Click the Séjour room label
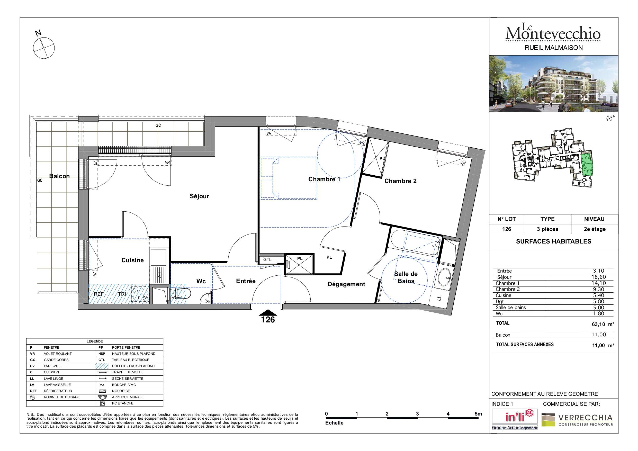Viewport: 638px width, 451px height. [199, 196]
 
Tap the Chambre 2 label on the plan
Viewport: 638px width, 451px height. [400, 181]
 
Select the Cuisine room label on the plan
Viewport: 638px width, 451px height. [132, 260]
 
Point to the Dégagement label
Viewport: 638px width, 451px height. [346, 284]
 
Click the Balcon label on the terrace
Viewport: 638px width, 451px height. [59, 176]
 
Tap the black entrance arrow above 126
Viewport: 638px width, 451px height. [268, 313]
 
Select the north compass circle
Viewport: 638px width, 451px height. [44, 48]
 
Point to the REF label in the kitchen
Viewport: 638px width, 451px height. [99, 294]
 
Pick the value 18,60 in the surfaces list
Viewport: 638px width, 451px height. [599, 277]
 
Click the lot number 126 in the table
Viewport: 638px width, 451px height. [507, 229]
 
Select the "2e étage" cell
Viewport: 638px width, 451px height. [595, 229]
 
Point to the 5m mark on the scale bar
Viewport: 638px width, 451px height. [478, 414]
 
